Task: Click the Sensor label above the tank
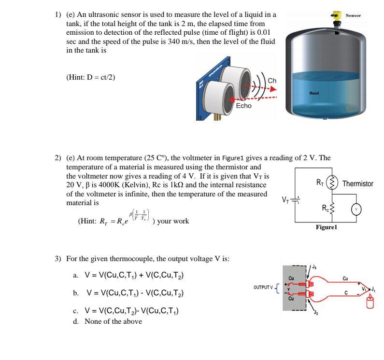point(353,15)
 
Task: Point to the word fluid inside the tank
point(314,93)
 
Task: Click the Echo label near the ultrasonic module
point(243,106)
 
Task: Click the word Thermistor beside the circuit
point(357,184)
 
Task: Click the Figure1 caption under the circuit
point(327,227)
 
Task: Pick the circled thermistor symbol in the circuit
point(331,183)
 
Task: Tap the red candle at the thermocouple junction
point(371,303)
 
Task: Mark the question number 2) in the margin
point(58,158)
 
